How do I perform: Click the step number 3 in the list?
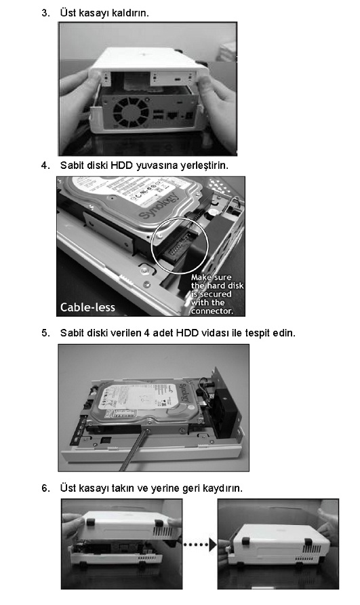click(45, 13)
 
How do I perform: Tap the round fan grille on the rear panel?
click(130, 112)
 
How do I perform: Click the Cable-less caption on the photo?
click(87, 307)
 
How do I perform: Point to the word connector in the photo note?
click(212, 311)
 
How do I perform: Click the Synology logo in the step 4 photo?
click(159, 206)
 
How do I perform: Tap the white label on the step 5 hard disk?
click(135, 397)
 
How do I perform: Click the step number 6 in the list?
click(45, 488)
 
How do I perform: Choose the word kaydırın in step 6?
click(224, 488)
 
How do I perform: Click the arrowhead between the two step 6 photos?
click(213, 545)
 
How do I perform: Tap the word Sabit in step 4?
click(71, 165)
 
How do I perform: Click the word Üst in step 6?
click(68, 488)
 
